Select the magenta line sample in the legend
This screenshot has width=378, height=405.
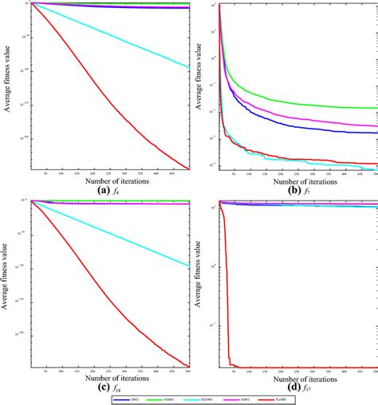226,397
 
